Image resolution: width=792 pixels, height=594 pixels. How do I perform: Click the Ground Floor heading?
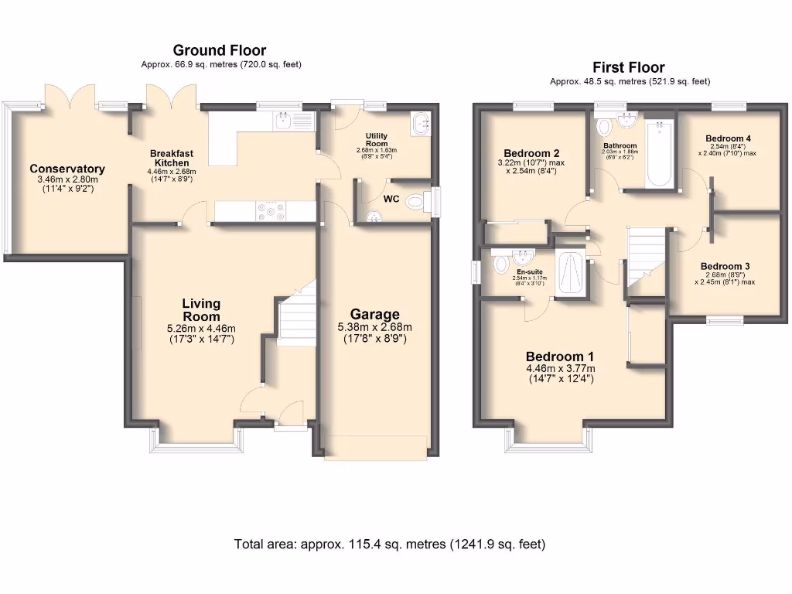click(x=220, y=51)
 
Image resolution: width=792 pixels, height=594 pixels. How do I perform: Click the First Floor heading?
click(x=629, y=67)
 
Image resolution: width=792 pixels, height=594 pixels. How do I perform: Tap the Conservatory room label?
click(x=67, y=169)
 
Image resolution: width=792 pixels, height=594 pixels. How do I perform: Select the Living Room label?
click(x=201, y=309)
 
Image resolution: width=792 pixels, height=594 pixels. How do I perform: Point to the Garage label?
click(x=375, y=314)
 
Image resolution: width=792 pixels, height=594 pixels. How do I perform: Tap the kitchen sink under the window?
click(x=292, y=121)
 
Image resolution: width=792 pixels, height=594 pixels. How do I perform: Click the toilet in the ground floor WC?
click(x=416, y=203)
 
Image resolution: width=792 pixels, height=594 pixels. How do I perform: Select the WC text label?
click(x=392, y=199)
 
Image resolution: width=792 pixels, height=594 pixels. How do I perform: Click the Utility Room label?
click(x=377, y=140)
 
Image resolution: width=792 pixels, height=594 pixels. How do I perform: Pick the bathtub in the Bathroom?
click(x=659, y=154)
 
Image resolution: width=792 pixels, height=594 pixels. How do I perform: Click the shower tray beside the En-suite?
click(x=572, y=271)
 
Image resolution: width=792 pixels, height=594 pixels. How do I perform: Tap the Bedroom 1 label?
click(x=560, y=357)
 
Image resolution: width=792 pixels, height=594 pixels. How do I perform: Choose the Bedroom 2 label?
click(x=531, y=153)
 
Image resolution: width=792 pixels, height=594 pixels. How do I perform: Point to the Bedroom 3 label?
click(x=725, y=267)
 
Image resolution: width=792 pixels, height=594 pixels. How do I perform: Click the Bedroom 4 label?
click(x=728, y=139)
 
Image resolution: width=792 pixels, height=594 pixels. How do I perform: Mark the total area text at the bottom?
click(x=390, y=544)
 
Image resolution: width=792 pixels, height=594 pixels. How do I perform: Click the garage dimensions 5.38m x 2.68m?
click(x=375, y=327)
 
